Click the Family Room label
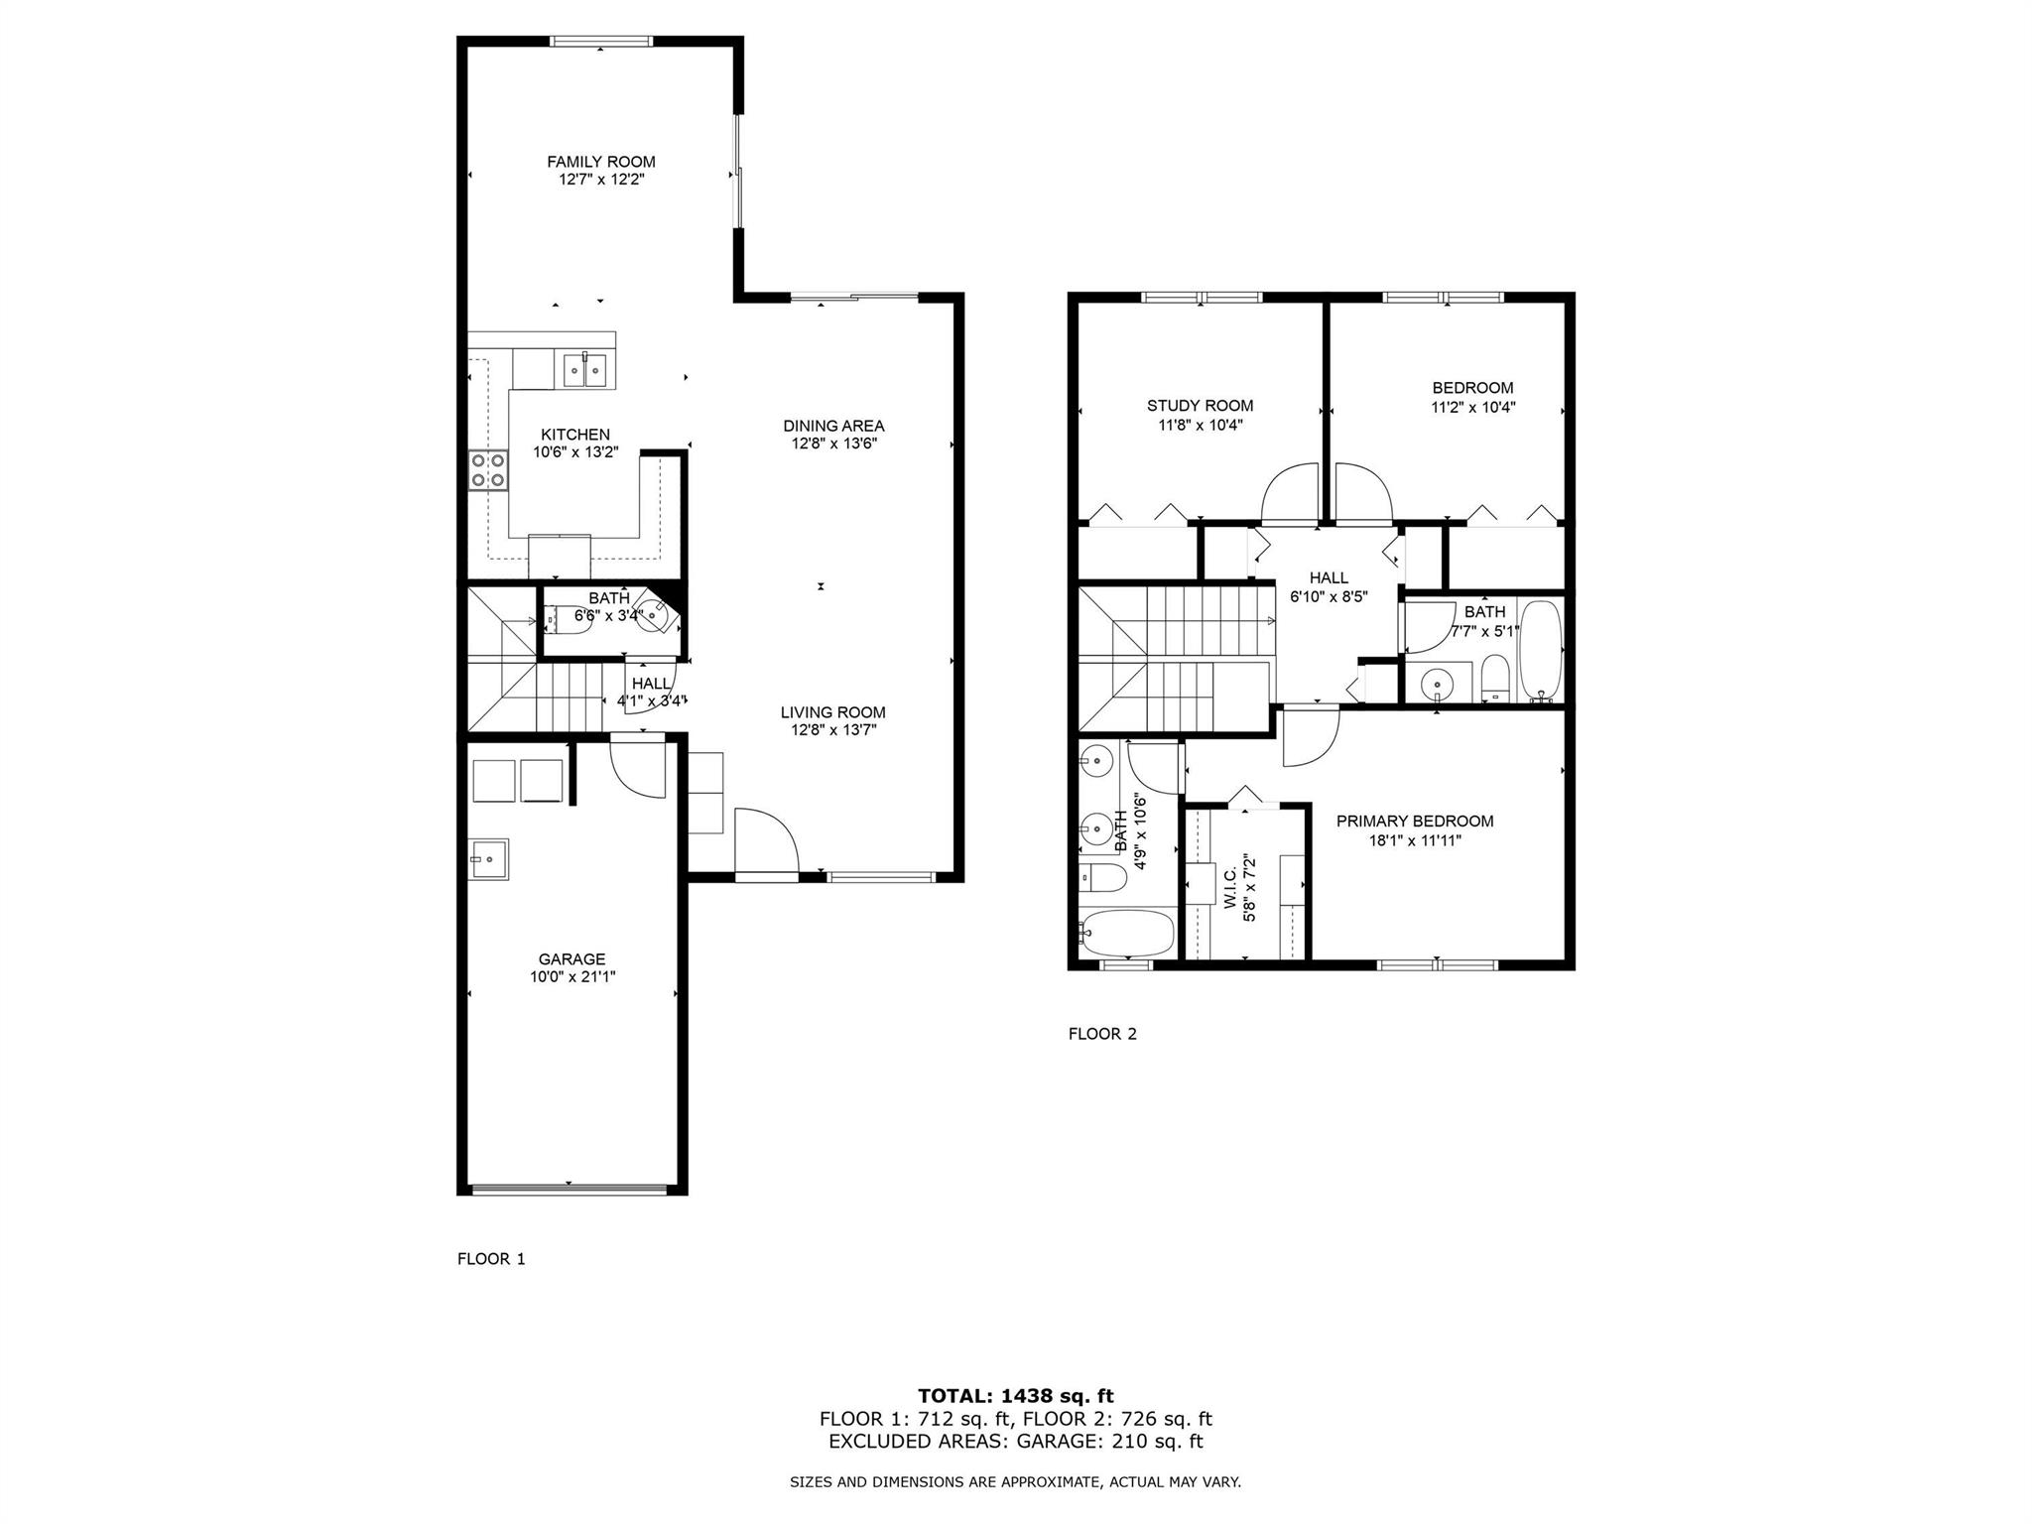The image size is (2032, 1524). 600,162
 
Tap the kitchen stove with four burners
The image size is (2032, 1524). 487,470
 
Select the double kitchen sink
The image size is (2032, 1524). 585,370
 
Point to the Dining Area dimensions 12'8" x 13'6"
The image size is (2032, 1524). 833,444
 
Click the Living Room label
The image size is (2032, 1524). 832,712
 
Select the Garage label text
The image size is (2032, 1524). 571,959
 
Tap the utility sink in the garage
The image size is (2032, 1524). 489,859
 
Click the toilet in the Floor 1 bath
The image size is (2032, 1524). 569,616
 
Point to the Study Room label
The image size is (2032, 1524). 1200,406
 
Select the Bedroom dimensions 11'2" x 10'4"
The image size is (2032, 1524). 1472,407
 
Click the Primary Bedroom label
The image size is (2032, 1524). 1414,822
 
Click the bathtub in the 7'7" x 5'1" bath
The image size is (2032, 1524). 1540,651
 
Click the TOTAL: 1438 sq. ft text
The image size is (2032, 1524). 1015,1396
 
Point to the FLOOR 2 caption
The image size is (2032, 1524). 1102,1034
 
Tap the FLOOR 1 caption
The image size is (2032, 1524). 491,1259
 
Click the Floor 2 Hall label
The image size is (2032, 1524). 1329,578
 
